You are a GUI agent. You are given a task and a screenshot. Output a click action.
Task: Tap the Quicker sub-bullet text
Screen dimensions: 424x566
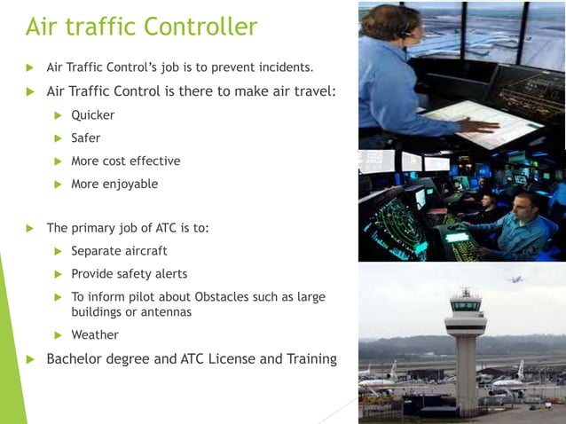[x=92, y=114]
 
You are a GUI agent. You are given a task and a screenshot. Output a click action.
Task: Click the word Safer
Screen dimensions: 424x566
[x=85, y=137]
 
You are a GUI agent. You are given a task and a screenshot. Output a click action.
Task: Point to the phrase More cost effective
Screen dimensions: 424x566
[x=125, y=161]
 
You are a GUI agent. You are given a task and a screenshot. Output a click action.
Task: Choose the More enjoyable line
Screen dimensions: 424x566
[x=114, y=184]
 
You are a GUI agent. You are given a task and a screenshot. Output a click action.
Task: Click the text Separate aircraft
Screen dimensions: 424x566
[x=119, y=251]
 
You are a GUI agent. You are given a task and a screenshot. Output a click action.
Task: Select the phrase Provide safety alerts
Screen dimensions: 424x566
[x=129, y=274]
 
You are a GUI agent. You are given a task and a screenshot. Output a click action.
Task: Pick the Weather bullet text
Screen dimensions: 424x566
[x=94, y=335]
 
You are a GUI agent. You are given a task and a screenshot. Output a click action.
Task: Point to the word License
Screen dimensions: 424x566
[x=232, y=359]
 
